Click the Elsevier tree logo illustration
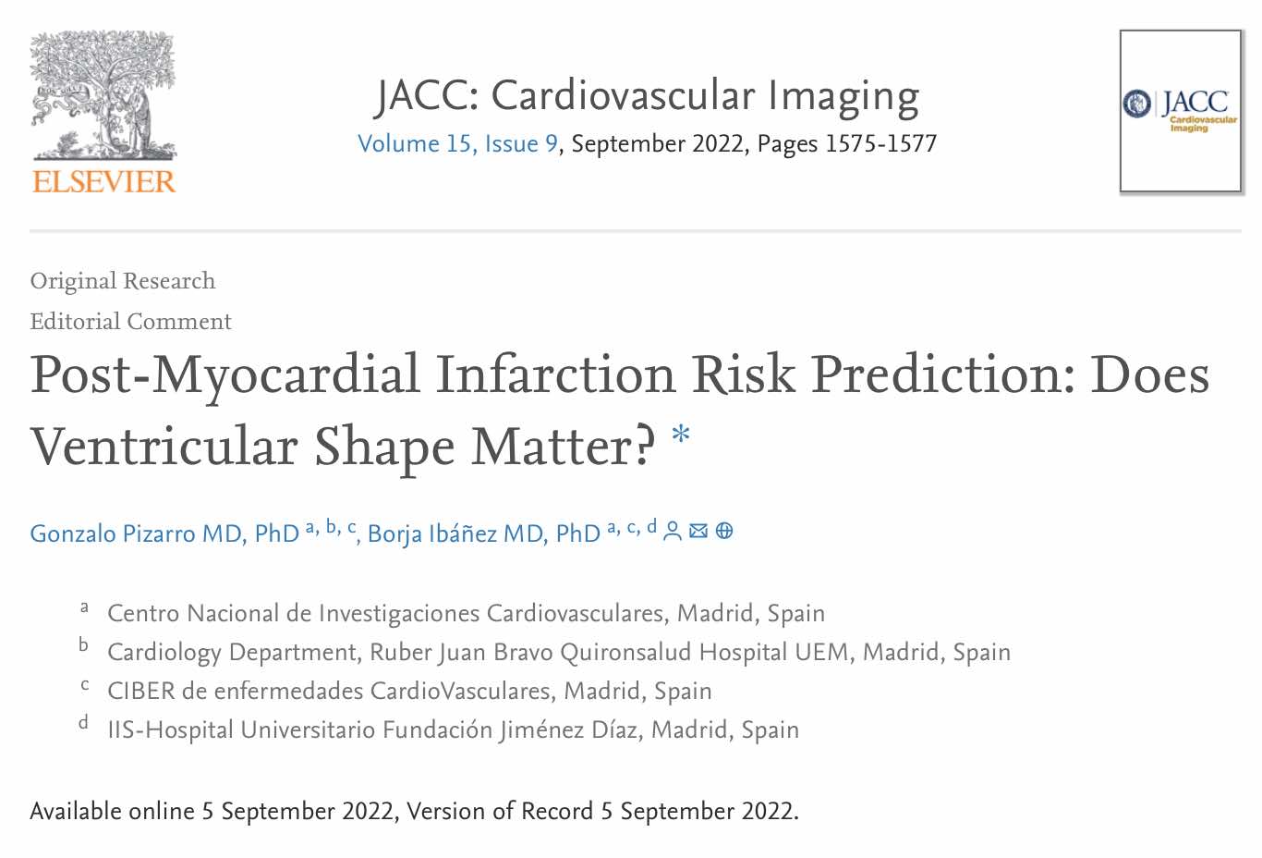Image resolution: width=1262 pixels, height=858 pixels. tap(102, 95)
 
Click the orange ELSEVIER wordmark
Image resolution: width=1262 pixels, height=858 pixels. tap(103, 181)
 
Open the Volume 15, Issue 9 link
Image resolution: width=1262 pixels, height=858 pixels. tap(457, 144)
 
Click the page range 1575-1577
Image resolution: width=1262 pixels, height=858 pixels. tap(880, 144)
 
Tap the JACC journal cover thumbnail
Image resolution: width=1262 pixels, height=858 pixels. tap(1180, 111)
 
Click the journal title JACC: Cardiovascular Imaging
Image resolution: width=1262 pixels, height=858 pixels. tap(647, 96)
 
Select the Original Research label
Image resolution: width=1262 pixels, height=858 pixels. tap(123, 281)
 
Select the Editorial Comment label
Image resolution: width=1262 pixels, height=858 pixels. tap(130, 322)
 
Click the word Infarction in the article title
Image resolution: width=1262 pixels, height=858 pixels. tap(555, 375)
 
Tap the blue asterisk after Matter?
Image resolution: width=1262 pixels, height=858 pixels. tap(681, 435)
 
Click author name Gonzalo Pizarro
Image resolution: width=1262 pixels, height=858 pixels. tap(164, 534)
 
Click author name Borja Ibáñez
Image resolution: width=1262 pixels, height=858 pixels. tap(483, 534)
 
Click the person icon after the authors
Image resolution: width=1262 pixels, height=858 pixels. tap(673, 531)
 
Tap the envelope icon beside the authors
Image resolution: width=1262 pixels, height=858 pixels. tap(698, 531)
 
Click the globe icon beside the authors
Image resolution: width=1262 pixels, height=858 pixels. tap(724, 531)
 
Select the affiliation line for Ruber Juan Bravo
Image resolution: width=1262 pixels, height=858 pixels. tap(558, 653)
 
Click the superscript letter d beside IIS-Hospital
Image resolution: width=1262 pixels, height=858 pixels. tap(83, 723)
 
